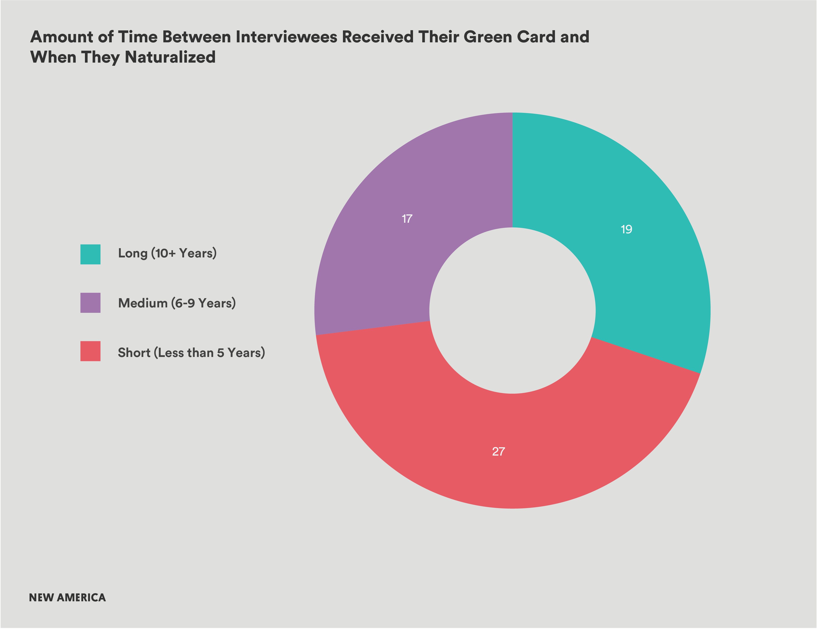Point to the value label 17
coord(407,219)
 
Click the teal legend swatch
coord(90,254)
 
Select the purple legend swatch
coord(90,302)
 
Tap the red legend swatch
coord(90,351)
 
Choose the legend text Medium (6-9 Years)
coord(177,303)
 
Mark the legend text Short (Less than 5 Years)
coord(191,353)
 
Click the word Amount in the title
coord(62,37)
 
